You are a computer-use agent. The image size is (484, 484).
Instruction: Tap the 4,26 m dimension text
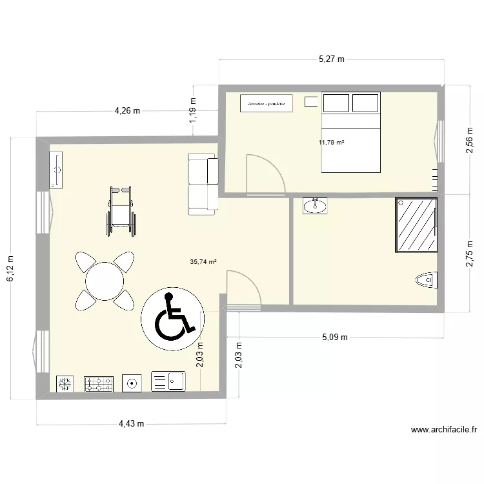(x=127, y=111)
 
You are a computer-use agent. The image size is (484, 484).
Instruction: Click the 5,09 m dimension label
(x=334, y=337)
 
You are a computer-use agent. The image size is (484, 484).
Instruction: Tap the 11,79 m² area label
(x=332, y=143)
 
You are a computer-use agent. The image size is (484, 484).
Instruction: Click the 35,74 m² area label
(x=203, y=262)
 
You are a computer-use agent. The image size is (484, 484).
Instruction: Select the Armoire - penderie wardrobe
(x=267, y=103)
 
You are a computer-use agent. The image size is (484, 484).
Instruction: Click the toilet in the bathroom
(x=426, y=281)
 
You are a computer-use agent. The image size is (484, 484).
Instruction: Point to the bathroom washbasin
(x=315, y=206)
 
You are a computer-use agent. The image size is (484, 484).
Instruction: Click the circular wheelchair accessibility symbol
(x=172, y=316)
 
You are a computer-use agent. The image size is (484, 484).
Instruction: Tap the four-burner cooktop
(x=99, y=384)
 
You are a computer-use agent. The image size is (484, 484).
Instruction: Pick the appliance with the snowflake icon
(x=65, y=384)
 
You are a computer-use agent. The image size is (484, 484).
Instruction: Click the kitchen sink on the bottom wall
(x=168, y=381)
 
